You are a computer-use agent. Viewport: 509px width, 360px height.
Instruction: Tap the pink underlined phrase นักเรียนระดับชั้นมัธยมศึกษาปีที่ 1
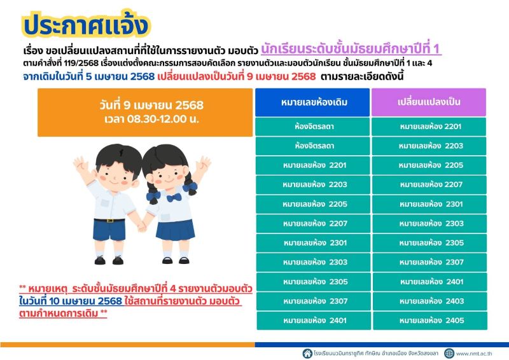[351, 49]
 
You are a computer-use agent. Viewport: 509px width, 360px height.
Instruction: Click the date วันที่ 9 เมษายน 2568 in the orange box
[145, 105]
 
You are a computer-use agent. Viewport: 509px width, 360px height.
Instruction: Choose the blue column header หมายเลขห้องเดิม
[312, 102]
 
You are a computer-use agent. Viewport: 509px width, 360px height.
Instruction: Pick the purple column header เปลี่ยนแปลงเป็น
[429, 102]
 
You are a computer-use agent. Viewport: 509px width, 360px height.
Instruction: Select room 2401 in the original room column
[312, 321]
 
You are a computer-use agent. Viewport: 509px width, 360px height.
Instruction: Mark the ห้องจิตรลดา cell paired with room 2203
[312, 146]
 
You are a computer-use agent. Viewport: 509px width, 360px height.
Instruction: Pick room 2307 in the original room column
[312, 301]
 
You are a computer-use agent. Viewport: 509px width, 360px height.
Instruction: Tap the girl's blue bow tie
[174, 197]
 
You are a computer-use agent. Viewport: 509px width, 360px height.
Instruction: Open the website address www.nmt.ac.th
[474, 353]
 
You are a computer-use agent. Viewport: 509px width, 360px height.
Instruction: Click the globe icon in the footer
[450, 353]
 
